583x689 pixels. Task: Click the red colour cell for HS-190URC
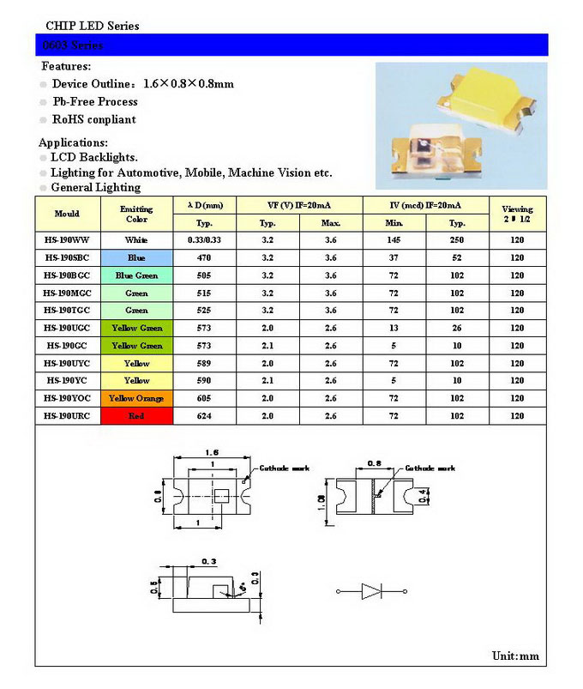point(136,416)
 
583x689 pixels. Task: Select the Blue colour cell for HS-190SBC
point(136,258)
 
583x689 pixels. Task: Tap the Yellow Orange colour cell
point(136,398)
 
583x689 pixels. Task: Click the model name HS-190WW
point(67,240)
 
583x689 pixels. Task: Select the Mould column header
point(67,214)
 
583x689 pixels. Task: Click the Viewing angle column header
point(517,214)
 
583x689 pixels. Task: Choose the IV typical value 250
point(457,240)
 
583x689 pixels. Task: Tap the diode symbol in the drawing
point(372,591)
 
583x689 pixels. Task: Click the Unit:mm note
point(515,656)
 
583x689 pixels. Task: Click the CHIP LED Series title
point(92,26)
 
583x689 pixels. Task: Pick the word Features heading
point(66,66)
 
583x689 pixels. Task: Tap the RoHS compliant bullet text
point(94,119)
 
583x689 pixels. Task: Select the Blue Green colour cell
point(136,275)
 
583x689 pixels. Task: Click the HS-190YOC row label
point(67,398)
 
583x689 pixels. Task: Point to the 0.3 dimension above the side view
point(209,561)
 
